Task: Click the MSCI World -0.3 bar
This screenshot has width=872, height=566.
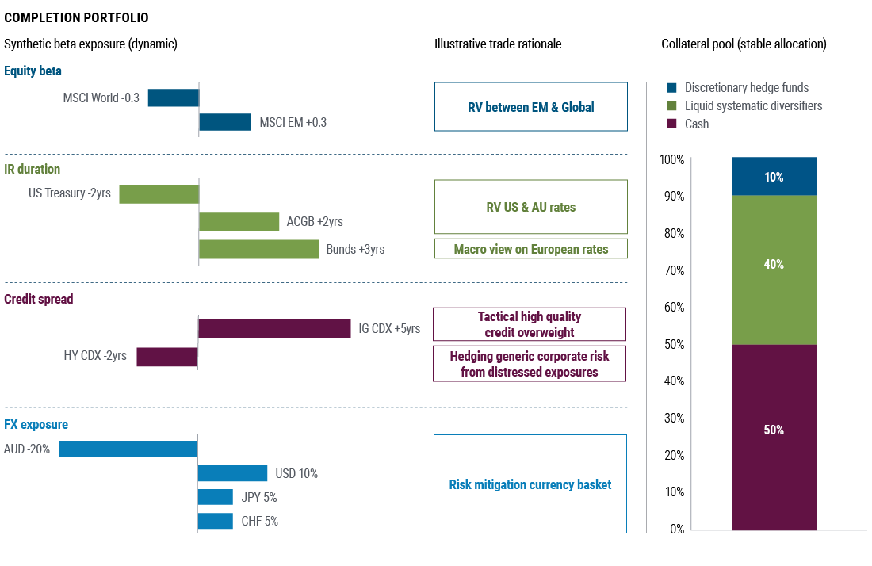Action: click(x=173, y=98)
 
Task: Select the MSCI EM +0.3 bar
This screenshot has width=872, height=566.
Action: click(x=224, y=122)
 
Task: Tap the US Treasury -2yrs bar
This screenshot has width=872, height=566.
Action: click(x=159, y=194)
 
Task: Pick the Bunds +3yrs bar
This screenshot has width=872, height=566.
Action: click(x=258, y=250)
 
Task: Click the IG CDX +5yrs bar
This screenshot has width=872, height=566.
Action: click(x=274, y=329)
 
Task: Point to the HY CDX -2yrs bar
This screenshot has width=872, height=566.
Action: click(x=166, y=357)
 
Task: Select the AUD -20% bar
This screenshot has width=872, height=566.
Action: click(x=128, y=449)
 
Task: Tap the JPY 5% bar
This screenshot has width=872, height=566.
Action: click(x=215, y=497)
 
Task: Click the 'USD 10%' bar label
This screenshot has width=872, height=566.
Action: click(x=296, y=474)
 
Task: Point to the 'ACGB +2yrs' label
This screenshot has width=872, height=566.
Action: click(x=315, y=222)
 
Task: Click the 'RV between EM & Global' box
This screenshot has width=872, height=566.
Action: click(x=530, y=107)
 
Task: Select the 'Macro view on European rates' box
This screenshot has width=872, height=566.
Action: click(x=530, y=249)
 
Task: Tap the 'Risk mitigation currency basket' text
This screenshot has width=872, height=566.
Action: click(x=530, y=484)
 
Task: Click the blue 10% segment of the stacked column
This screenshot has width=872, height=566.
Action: click(x=774, y=176)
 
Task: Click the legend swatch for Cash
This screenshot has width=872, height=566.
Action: click(x=671, y=124)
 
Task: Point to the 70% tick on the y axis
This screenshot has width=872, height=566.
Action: click(x=672, y=270)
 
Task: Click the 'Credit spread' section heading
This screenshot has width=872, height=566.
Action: click(x=38, y=300)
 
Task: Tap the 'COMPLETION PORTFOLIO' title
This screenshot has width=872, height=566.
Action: click(x=76, y=17)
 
